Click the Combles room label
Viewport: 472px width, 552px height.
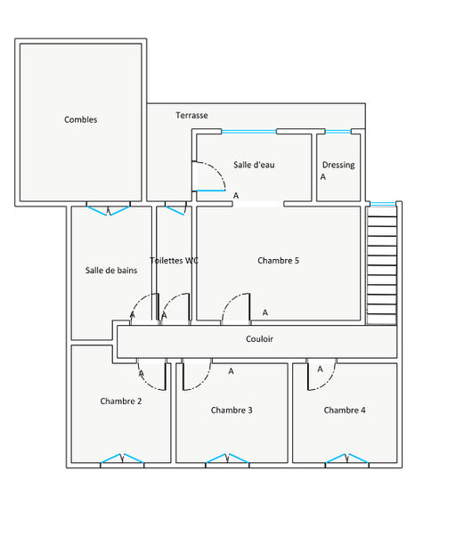(81, 119)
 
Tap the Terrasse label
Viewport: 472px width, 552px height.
(191, 115)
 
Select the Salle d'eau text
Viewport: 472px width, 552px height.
(254, 165)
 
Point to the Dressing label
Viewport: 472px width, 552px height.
(338, 165)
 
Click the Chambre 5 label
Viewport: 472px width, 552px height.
(278, 261)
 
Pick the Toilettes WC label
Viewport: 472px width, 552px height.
(174, 261)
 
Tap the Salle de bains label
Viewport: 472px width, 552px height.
(111, 271)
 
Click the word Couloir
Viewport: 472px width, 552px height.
(260, 338)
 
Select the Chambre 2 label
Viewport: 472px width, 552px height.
(121, 401)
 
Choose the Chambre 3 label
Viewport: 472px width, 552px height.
(232, 410)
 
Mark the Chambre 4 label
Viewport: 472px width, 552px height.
(345, 410)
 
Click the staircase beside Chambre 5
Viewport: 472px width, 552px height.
(382, 265)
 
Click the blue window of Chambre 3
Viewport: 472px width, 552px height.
(227, 459)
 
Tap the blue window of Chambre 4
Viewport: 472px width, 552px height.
(347, 459)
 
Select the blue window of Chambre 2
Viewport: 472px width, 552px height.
(122, 459)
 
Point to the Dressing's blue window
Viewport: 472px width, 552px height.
(338, 131)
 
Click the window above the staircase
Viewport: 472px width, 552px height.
(383, 204)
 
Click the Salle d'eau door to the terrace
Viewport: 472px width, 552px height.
(208, 176)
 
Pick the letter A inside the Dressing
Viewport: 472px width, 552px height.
(323, 176)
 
